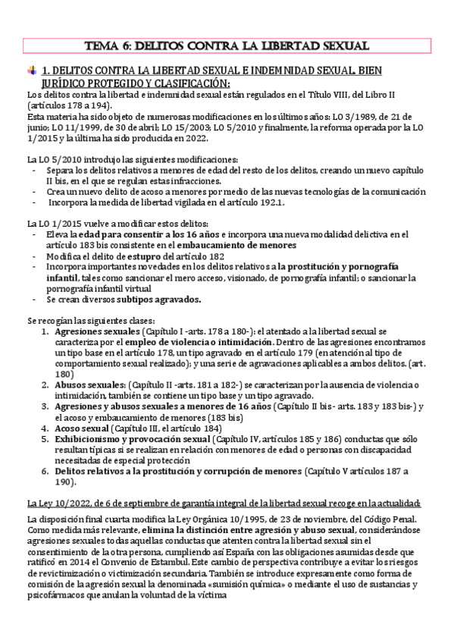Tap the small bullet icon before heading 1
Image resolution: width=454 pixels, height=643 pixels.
tap(31, 71)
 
